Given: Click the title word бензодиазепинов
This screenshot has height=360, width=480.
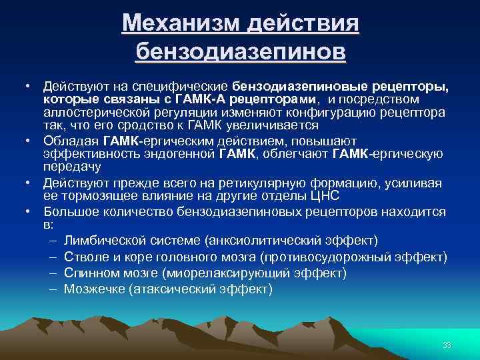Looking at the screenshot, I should pos(240,51).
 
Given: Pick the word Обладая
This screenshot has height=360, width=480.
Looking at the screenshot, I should pos(71,141).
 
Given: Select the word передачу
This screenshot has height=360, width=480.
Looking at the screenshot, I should pos(68,167).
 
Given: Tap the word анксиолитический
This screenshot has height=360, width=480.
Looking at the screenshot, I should pos(271,239).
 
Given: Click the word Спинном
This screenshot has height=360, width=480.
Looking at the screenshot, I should pos(89,273).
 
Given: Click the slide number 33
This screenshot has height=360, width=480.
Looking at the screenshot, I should pos(447,345).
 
